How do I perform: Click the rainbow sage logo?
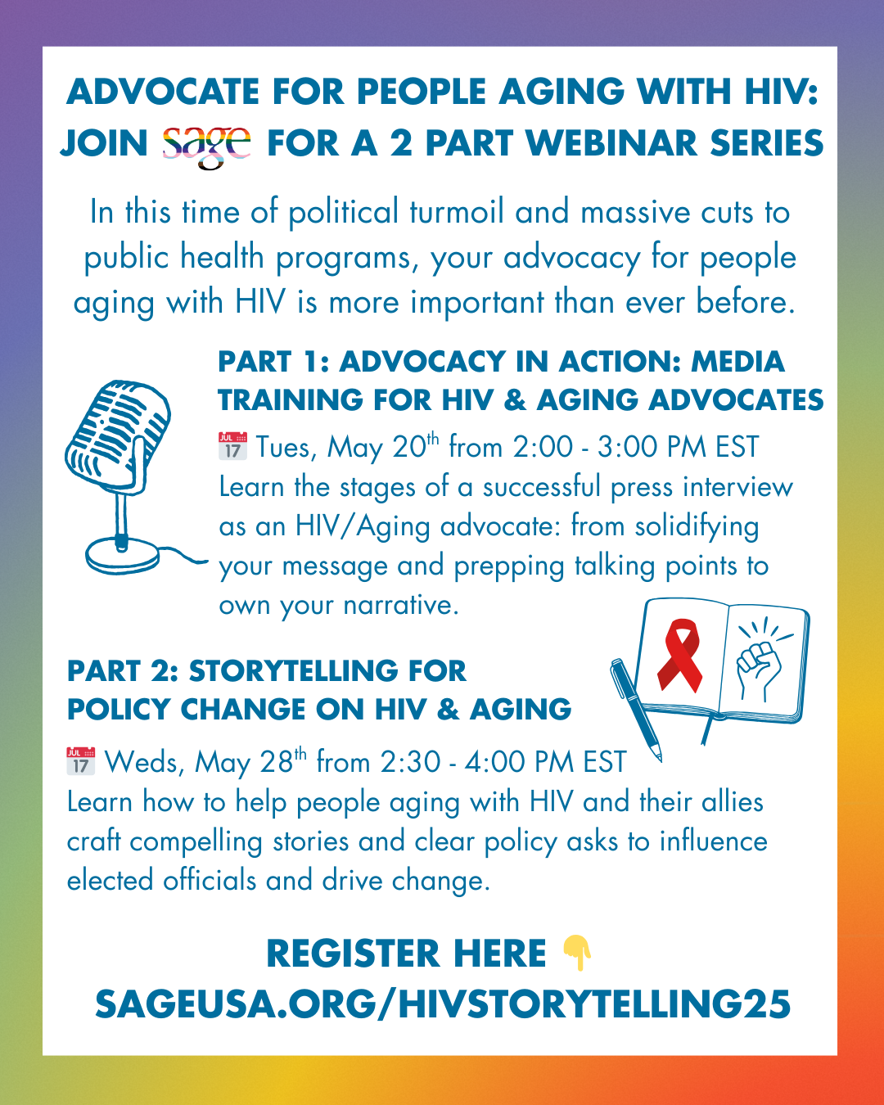click(206, 147)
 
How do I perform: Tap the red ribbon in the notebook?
click(680, 656)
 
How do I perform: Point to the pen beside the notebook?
click(635, 710)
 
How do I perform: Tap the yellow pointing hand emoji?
click(577, 953)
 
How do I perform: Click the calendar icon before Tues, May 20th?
click(232, 446)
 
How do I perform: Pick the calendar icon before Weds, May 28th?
click(81, 761)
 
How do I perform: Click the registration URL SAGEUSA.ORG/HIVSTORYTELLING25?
click(443, 1004)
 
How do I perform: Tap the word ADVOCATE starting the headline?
click(163, 92)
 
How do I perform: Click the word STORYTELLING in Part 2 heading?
click(295, 671)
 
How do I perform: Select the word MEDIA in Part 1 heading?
click(737, 362)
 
